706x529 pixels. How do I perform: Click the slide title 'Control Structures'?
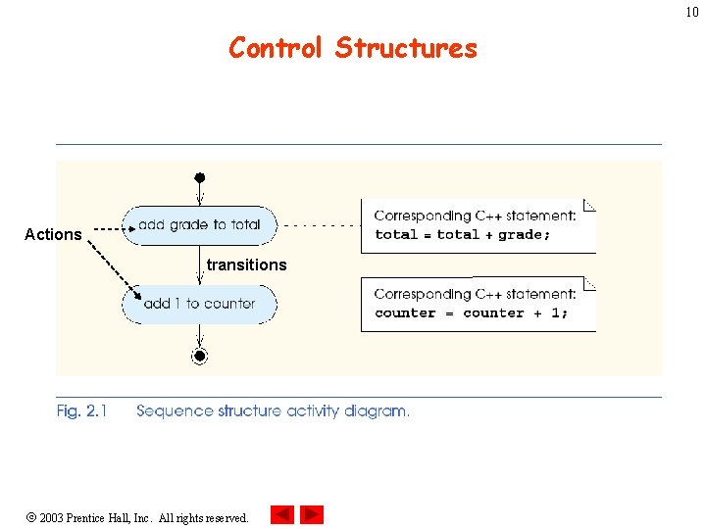[353, 48]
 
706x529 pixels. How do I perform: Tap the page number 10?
[692, 12]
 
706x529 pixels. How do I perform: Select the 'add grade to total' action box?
[199, 225]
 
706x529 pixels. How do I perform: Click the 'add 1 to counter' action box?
[199, 304]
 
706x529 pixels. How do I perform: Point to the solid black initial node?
[199, 178]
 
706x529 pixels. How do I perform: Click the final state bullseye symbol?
[199, 356]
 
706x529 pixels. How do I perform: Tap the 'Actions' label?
[53, 234]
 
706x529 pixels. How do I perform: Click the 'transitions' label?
[246, 264]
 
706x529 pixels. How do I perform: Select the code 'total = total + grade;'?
[463, 235]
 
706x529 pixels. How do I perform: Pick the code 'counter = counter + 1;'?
[471, 313]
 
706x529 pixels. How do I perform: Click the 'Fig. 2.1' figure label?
[82, 411]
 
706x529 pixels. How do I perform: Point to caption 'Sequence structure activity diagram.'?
[273, 411]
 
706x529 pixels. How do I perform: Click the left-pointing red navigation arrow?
[281, 514]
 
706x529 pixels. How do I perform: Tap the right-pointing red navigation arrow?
[312, 514]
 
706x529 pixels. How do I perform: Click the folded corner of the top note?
[589, 205]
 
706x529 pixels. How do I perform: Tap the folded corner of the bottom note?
[589, 283]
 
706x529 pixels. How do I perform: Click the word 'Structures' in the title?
[406, 48]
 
